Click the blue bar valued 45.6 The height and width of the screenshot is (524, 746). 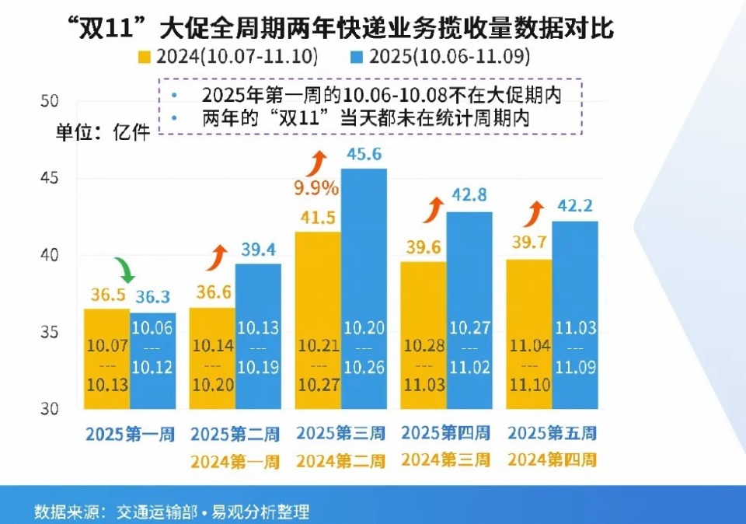tap(364, 288)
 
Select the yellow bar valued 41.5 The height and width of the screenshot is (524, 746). tap(318, 320)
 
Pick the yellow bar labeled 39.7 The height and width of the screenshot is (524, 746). tap(529, 334)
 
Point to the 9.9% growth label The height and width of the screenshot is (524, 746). tap(316, 187)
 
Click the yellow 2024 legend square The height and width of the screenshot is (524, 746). tap(144, 57)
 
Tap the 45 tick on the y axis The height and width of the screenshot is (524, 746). tap(49, 178)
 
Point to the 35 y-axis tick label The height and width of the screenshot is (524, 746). tap(49, 332)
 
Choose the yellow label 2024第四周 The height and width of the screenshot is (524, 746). tap(553, 459)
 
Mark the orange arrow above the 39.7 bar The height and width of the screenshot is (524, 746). tap(535, 211)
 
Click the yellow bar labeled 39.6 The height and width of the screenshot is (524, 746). tap(423, 335)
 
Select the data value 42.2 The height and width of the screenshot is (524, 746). tap(576, 206)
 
